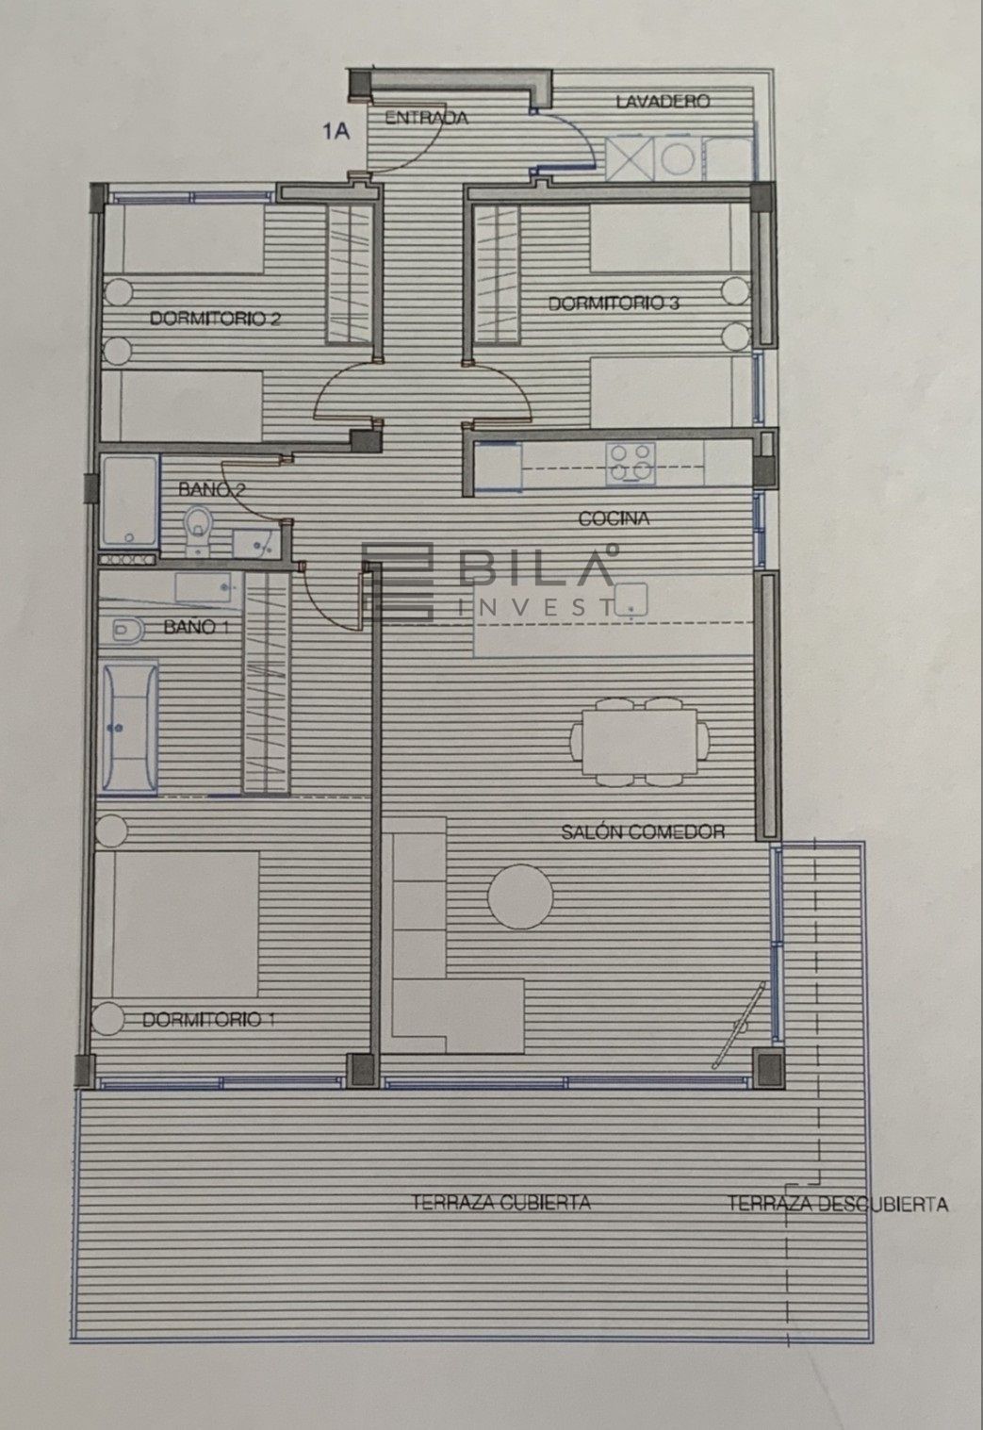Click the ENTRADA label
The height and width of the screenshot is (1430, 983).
click(x=426, y=118)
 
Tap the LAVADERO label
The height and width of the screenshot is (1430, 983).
click(x=663, y=101)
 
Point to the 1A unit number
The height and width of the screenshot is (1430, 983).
click(x=336, y=132)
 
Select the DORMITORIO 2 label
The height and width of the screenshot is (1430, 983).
click(x=215, y=318)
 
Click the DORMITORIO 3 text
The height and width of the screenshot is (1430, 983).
click(x=614, y=304)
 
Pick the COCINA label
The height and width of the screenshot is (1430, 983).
click(x=614, y=519)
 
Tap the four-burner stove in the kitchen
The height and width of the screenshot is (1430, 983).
click(x=631, y=462)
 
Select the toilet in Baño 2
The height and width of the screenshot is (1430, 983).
click(x=198, y=529)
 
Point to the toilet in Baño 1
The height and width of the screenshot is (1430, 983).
click(x=127, y=631)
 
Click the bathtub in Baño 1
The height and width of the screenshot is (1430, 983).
click(x=130, y=729)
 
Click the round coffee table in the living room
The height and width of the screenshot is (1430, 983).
click(x=520, y=896)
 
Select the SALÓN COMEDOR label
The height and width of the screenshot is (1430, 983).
click(x=643, y=831)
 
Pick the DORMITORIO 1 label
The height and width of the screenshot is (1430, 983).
click(x=208, y=1020)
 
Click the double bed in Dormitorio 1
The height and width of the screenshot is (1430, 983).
click(x=177, y=924)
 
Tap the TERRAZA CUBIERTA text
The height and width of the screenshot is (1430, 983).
click(x=501, y=1203)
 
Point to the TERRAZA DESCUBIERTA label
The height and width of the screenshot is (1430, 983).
click(x=838, y=1204)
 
